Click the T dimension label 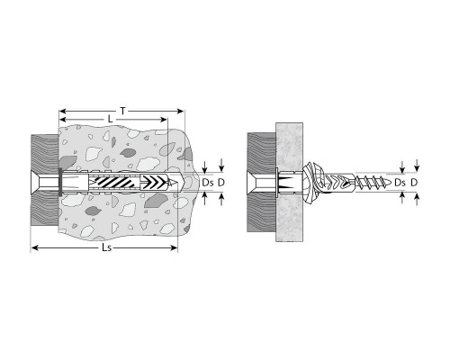point(122,112)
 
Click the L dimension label point(110,120)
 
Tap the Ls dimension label point(107,247)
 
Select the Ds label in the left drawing point(208,183)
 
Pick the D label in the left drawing point(221,183)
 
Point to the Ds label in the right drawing point(400,183)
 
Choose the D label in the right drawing point(414,183)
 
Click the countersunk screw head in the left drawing point(35,183)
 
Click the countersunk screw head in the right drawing point(251,183)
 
